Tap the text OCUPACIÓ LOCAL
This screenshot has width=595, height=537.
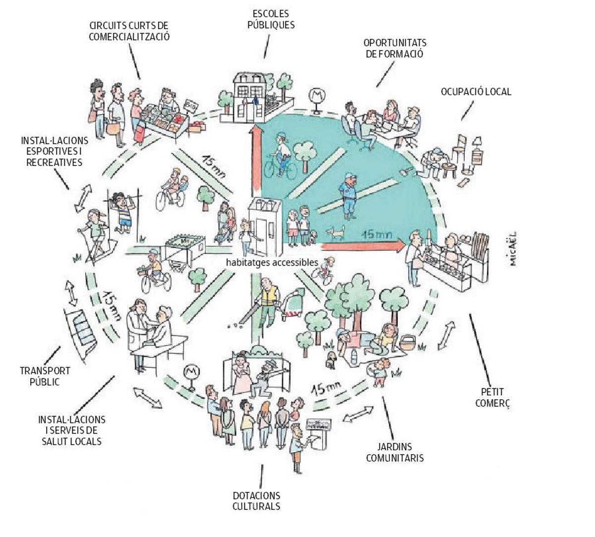[476, 92]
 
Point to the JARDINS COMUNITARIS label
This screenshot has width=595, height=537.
[395, 452]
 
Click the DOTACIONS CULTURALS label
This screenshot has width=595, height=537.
[256, 501]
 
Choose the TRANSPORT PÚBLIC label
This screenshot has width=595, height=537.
[45, 376]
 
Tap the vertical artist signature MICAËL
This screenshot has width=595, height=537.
[513, 248]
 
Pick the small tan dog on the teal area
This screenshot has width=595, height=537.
[337, 231]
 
